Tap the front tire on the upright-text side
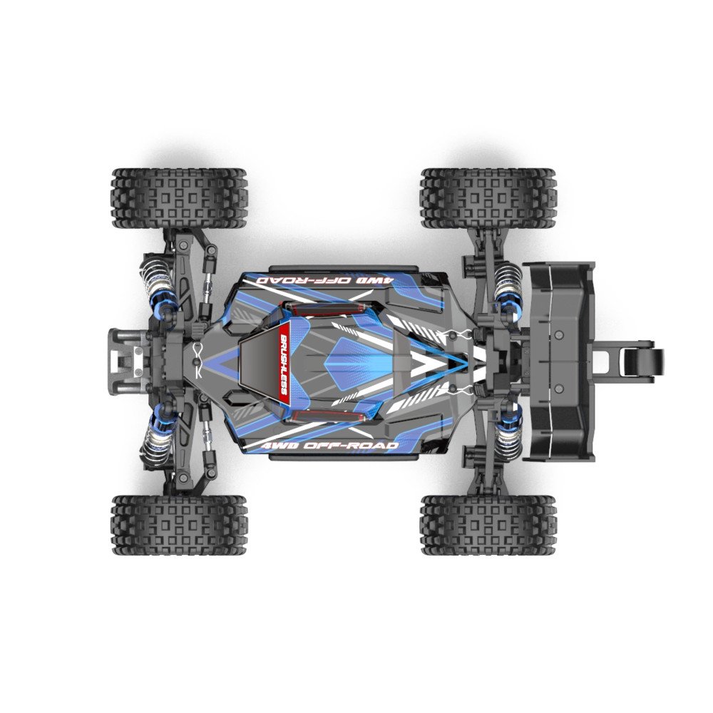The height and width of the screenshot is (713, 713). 178,526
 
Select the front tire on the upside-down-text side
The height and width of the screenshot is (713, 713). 178,198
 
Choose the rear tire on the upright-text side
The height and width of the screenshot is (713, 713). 488,526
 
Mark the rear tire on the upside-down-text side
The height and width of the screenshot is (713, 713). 488,198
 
